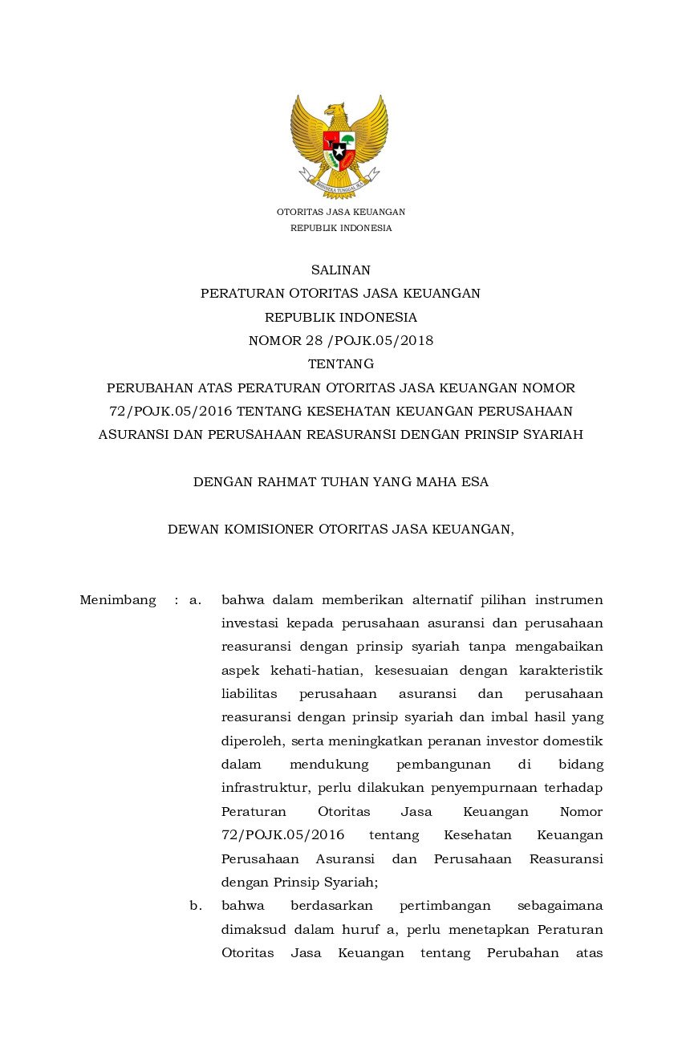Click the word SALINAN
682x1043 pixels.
[340, 270]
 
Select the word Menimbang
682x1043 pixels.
[118, 600]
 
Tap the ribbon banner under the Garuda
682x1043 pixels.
[339, 183]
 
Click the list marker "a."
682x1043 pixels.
[195, 600]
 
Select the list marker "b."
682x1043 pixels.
[195, 906]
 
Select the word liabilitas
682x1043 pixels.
[249, 694]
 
